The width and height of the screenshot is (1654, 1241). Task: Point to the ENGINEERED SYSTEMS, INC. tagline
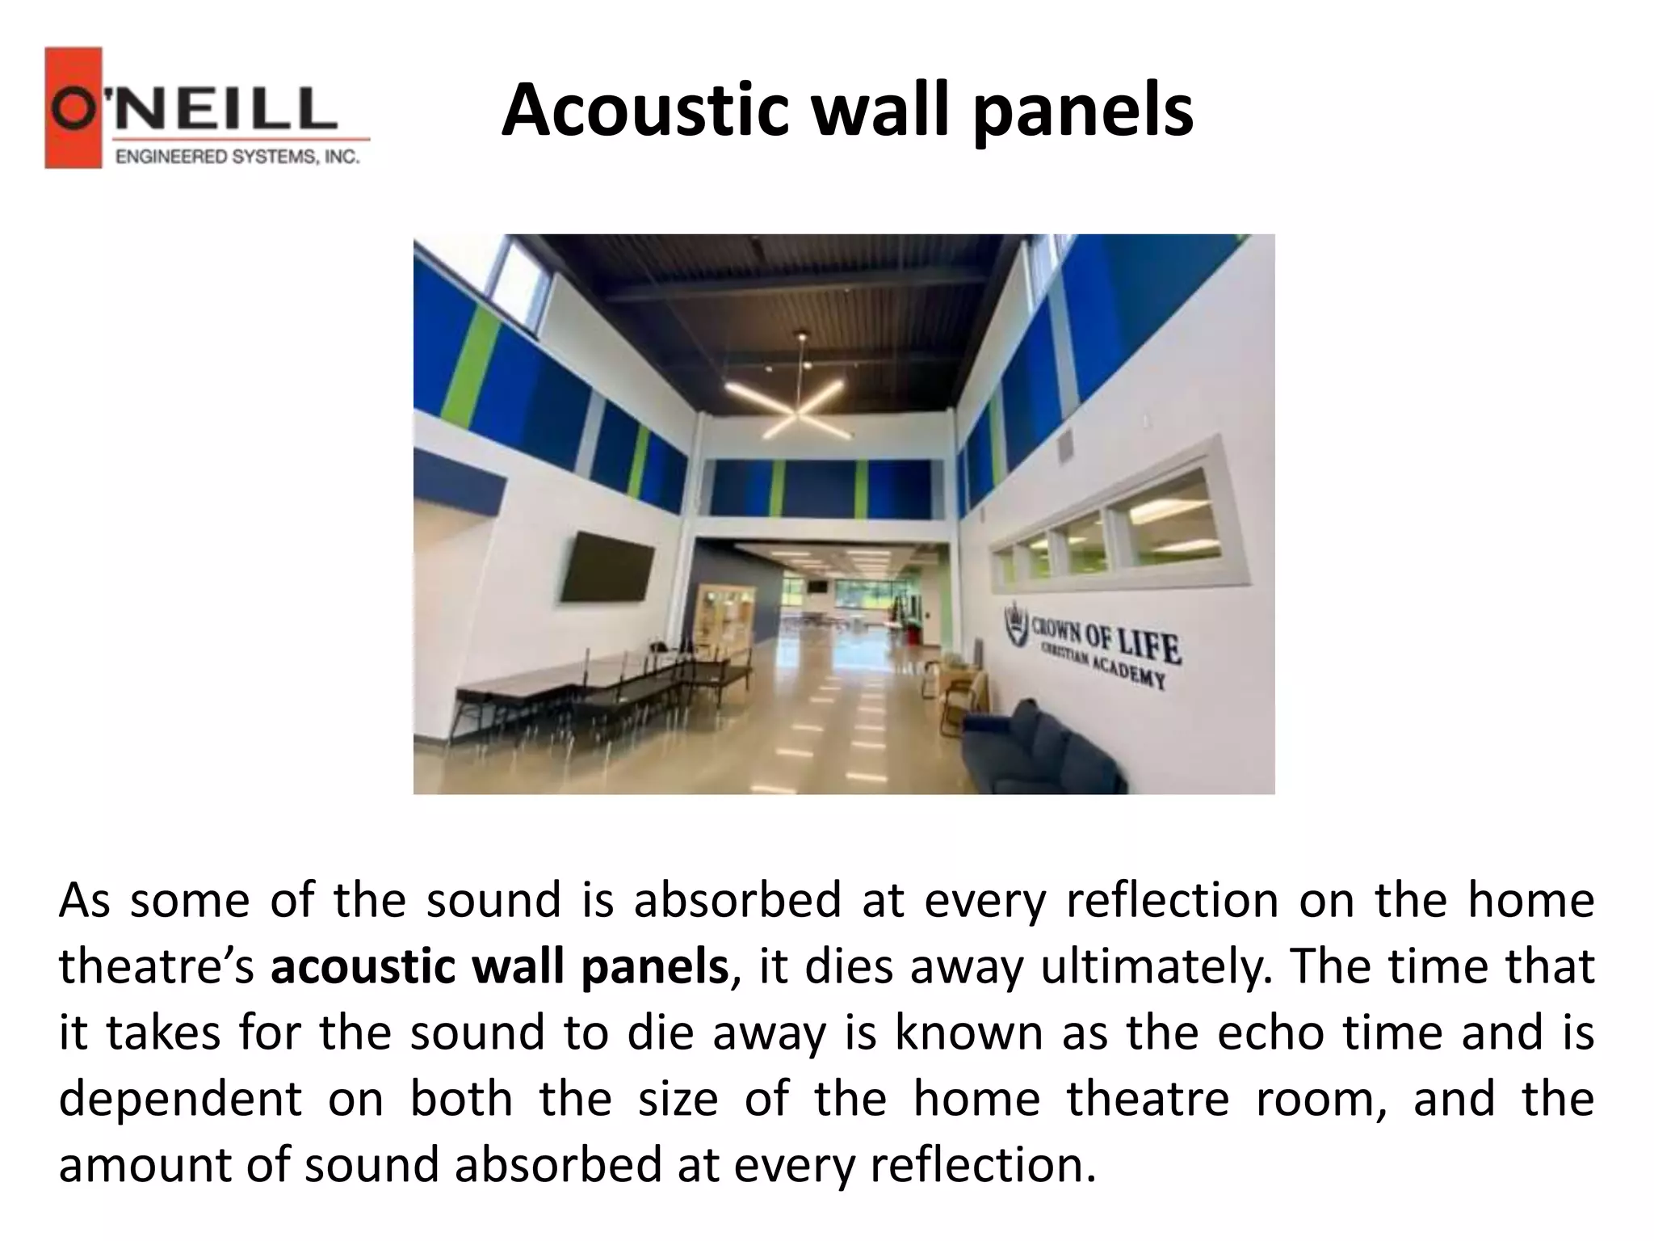[x=237, y=157]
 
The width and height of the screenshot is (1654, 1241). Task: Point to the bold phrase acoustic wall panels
[x=500, y=967]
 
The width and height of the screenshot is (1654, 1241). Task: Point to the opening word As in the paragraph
[x=84, y=901]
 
